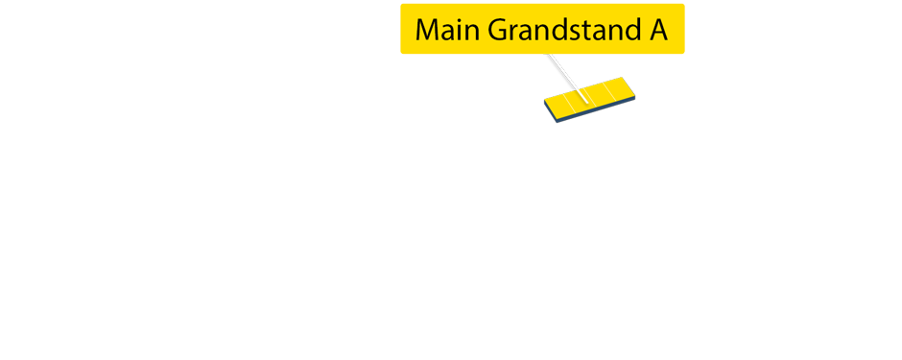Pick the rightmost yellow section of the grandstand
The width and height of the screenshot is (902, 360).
pyautogui.click(x=622, y=89)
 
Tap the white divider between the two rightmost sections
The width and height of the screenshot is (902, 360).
pyautogui.click(x=609, y=93)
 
